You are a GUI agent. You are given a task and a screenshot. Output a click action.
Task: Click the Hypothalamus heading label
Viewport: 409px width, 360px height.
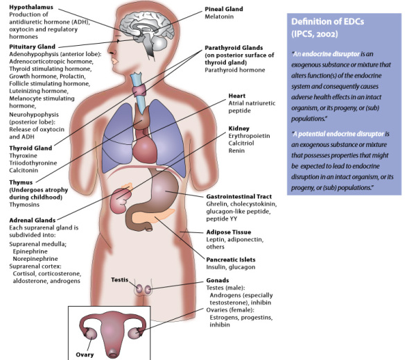[31, 7]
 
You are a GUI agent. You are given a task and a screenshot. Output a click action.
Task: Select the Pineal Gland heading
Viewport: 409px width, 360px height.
[224, 9]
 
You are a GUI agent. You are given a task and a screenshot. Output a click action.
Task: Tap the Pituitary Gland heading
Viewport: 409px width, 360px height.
[33, 46]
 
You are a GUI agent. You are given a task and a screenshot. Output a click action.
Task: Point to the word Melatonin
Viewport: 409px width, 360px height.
[219, 17]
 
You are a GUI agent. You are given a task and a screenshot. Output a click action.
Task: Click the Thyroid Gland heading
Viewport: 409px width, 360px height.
[31, 148]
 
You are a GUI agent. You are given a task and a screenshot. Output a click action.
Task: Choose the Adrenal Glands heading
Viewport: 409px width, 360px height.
[33, 221]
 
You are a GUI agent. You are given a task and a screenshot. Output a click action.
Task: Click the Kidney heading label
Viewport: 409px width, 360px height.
[239, 128]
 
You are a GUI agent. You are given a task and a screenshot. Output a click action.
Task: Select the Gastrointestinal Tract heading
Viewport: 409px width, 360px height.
[239, 196]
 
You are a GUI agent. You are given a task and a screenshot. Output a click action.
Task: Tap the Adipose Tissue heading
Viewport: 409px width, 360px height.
[229, 232]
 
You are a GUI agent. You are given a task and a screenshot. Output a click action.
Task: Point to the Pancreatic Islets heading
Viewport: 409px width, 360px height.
[231, 259]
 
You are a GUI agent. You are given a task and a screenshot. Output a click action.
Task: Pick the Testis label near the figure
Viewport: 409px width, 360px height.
[119, 280]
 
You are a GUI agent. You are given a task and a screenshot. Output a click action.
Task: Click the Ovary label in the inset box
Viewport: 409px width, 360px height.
[85, 354]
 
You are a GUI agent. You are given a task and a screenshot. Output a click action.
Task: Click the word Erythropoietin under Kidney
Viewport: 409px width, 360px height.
[249, 136]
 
